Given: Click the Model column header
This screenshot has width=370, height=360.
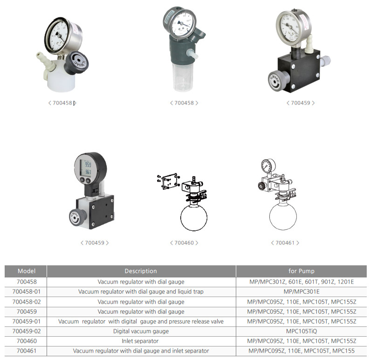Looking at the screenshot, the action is (x=27, y=271).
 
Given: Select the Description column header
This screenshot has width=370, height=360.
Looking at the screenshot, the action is (x=141, y=271).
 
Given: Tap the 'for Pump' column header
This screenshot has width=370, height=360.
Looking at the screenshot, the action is (x=301, y=271).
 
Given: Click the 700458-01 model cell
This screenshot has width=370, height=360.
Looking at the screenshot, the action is (x=27, y=291).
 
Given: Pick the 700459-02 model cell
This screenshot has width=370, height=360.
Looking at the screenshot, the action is (x=27, y=331).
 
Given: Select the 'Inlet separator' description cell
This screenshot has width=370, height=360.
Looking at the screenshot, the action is (x=140, y=341).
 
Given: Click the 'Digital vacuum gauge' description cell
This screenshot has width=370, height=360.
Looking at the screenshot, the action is (x=141, y=331).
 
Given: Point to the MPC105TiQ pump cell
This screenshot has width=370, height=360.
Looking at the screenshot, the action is (x=301, y=331).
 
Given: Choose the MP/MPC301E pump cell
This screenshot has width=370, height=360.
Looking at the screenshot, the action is (x=301, y=291).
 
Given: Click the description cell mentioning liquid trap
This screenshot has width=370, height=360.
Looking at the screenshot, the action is (x=141, y=291).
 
